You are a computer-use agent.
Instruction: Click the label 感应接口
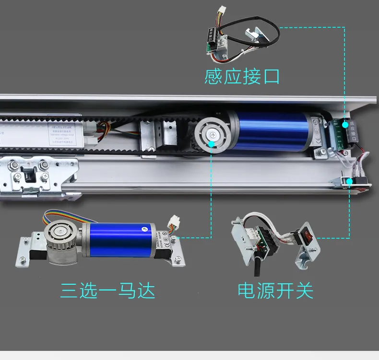pos(242,77)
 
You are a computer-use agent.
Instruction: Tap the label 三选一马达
pos(108,290)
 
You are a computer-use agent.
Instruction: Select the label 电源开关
pos(275,290)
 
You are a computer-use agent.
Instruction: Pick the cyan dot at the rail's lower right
pos(350,181)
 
